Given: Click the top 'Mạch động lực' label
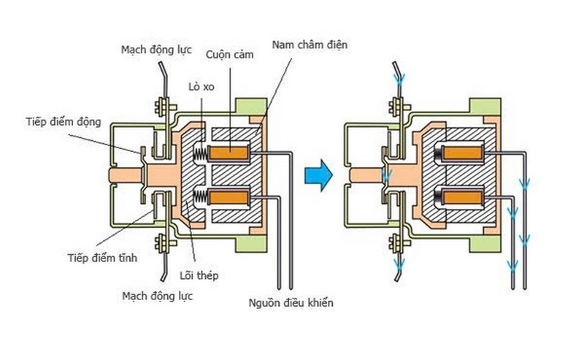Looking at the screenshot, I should coord(153,50).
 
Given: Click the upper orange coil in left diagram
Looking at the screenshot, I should coord(230,153).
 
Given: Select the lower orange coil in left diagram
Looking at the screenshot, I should coord(230,196).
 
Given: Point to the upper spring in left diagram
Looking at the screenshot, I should coord(200,153).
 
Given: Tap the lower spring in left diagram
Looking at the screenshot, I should coord(200,196).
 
